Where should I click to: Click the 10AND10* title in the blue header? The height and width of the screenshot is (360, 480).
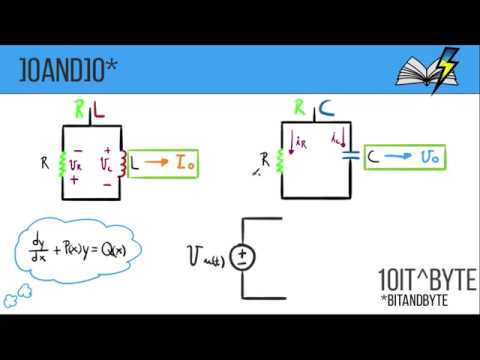(69, 69)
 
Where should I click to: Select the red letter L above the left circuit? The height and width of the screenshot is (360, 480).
(99, 107)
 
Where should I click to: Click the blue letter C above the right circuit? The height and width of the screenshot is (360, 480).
(326, 107)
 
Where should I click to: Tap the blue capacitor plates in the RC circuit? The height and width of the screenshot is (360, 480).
(349, 156)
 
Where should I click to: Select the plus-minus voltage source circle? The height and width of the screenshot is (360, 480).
(243, 257)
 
